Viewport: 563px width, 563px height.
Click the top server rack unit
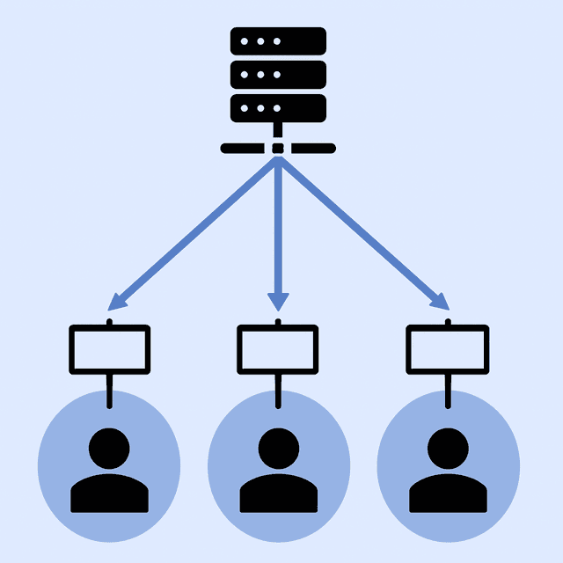(278, 41)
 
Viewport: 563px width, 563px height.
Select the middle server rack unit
(278, 74)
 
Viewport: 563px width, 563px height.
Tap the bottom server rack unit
(278, 107)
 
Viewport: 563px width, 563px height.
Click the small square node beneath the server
(278, 148)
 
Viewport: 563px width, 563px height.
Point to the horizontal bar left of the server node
(242, 148)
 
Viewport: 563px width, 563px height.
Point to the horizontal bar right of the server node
(313, 148)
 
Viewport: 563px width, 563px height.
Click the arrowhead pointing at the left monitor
(117, 301)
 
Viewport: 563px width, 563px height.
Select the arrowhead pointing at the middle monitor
(278, 301)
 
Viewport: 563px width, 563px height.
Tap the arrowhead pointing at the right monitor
(440, 301)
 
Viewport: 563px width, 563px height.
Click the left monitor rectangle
(109, 349)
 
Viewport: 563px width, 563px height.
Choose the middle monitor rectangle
(278, 349)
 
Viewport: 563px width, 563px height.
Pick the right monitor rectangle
(447, 349)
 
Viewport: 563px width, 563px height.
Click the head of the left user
(109, 448)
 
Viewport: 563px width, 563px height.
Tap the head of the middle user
(278, 448)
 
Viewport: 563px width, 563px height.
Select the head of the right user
(448, 448)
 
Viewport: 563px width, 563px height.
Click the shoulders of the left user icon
(109, 494)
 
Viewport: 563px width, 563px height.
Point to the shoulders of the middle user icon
(278, 494)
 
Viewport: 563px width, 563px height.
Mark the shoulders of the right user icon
(448, 494)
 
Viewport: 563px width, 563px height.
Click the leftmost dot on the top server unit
(246, 41)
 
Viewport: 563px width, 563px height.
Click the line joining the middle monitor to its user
(278, 391)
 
